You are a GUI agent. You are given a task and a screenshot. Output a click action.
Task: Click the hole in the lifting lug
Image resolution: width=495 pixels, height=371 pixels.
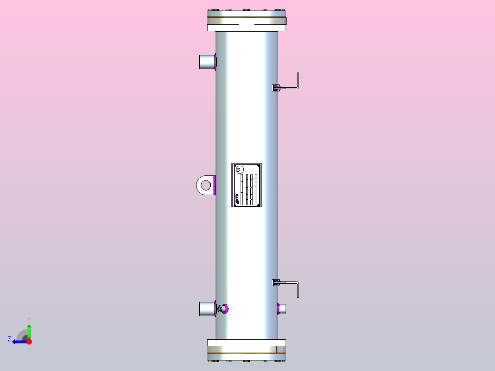[x=206, y=185]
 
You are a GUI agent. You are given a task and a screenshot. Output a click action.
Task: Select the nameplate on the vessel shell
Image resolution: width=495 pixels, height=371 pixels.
[x=247, y=185]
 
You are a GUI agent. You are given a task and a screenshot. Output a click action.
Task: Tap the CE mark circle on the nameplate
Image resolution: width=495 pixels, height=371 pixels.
[x=238, y=169]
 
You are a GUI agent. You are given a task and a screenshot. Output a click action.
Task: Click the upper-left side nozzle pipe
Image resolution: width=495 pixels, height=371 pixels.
[x=207, y=62]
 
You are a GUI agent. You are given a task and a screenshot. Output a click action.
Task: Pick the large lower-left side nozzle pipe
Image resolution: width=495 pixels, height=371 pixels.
[x=207, y=309]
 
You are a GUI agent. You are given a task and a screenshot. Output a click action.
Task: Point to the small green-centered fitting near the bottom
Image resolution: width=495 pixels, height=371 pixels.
[x=220, y=309]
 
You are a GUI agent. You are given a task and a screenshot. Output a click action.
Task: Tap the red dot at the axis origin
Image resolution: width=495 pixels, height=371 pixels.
[x=29, y=342]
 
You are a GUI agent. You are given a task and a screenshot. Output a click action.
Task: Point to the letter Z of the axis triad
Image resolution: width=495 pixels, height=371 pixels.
[x=9, y=339]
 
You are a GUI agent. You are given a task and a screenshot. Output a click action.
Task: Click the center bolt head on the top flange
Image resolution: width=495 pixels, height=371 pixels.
[x=246, y=10]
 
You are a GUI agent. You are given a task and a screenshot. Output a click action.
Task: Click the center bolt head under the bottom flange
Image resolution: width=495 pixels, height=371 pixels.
[x=246, y=361]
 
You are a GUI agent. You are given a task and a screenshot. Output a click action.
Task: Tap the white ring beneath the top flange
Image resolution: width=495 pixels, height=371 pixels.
[x=247, y=28]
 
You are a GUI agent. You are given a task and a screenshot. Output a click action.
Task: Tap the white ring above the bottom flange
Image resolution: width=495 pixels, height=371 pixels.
[x=247, y=343]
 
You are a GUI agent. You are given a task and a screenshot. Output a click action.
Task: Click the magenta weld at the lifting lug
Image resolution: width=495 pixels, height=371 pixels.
[x=214, y=185]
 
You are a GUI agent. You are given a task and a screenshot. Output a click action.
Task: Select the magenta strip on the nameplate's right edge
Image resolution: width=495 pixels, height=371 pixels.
[x=261, y=185]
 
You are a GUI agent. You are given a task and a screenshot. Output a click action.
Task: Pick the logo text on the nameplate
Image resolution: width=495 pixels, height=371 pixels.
[x=237, y=198]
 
